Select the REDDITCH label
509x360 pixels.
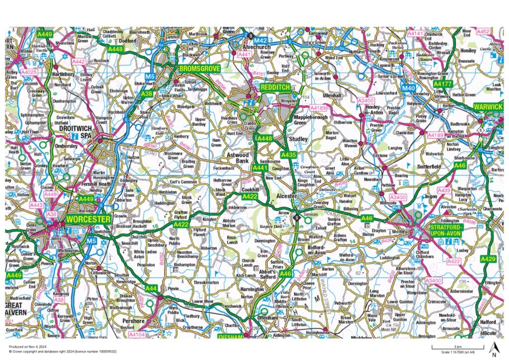tap(274, 87)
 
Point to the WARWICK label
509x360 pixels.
tap(488, 107)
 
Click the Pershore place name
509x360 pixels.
tap(134, 321)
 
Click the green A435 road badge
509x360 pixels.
tap(289, 156)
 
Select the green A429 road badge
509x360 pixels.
tap(489, 259)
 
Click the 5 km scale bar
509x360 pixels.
tap(449, 347)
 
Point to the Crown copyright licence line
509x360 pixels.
tap(58, 351)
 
